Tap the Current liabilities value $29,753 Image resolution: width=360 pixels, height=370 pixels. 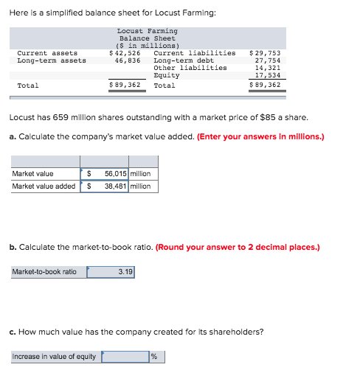[266, 53]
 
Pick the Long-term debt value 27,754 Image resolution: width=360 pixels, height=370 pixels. [268, 60]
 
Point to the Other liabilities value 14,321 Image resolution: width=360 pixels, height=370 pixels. [268, 68]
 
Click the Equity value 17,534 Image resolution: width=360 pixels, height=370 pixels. [268, 75]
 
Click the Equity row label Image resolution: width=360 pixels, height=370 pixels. [166, 75]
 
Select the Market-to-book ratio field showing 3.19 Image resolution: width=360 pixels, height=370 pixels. [111, 272]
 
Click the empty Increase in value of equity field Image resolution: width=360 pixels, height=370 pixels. [125, 357]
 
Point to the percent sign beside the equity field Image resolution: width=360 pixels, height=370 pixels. [154, 357]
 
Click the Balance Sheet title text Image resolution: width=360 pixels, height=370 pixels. [148, 38]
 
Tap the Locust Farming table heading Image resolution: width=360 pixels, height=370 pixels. [148, 31]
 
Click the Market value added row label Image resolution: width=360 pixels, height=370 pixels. [44, 186]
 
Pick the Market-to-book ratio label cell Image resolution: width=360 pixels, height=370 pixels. [44, 272]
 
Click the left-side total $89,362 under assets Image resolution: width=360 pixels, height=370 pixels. [125, 85]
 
